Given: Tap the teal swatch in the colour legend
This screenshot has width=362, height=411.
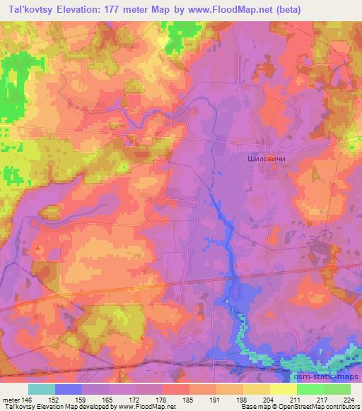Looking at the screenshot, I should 42,388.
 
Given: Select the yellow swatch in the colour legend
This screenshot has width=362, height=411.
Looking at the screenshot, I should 283,388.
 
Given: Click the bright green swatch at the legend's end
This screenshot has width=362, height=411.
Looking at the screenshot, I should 337,388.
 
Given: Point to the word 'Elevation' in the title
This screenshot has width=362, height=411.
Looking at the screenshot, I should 88,9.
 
